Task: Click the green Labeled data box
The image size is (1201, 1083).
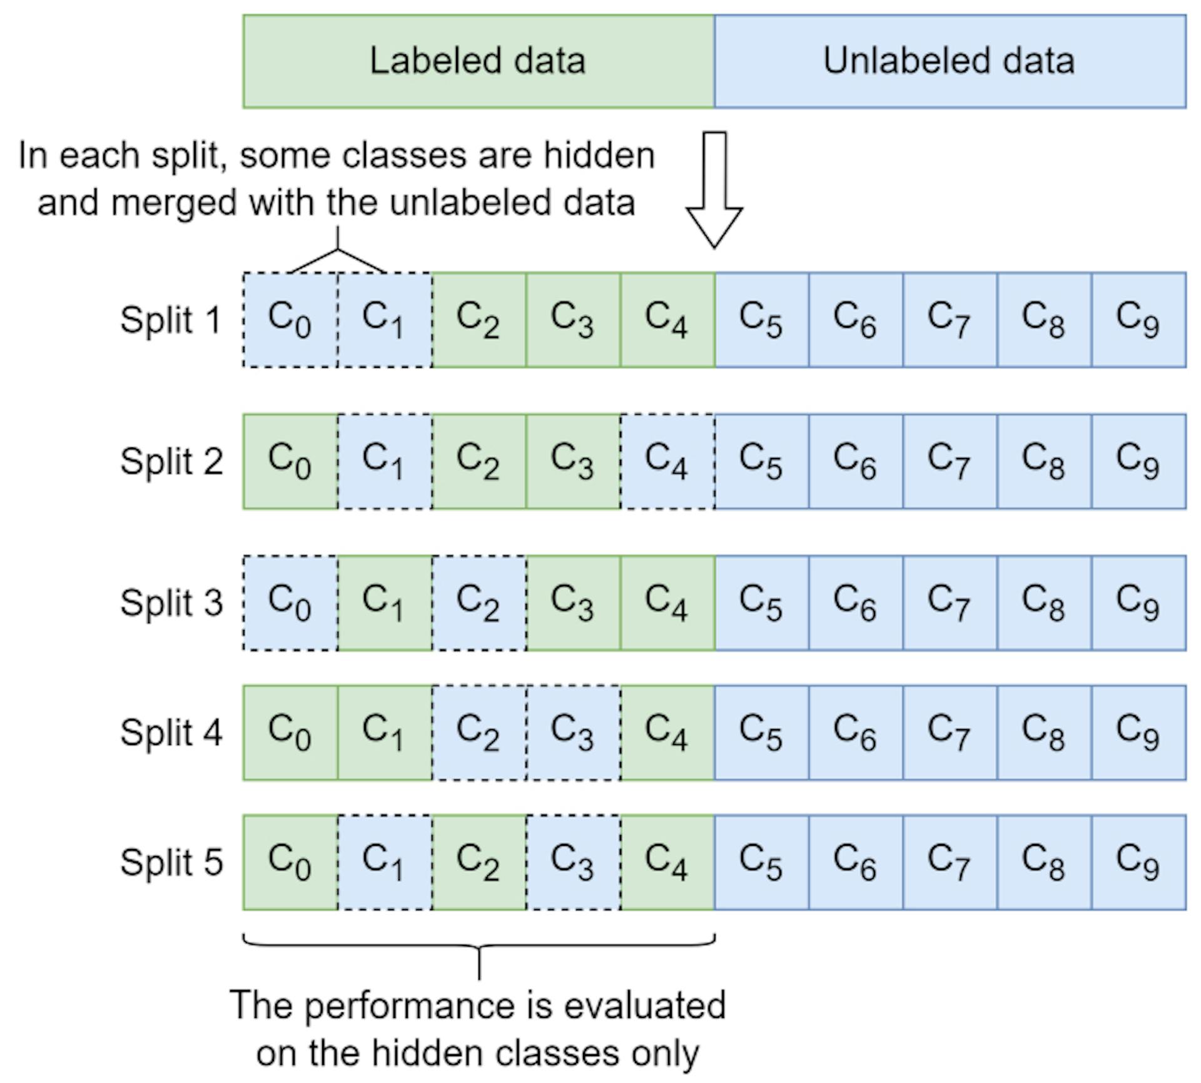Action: (x=478, y=61)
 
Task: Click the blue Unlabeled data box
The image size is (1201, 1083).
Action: (x=950, y=61)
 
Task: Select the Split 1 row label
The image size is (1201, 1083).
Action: (x=171, y=320)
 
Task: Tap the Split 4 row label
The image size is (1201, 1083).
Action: (x=171, y=733)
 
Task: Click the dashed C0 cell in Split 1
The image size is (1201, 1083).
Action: (x=290, y=320)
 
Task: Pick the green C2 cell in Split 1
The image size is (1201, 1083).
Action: (x=479, y=320)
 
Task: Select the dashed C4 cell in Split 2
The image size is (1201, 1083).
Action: (x=667, y=462)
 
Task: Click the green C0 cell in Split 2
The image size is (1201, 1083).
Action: (x=290, y=462)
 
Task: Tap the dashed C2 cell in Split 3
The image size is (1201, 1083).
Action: (x=479, y=603)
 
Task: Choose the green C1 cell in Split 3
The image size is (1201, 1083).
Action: (x=384, y=603)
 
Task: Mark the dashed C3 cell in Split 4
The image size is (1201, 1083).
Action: (x=573, y=733)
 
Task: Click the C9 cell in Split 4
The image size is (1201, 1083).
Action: (x=1138, y=733)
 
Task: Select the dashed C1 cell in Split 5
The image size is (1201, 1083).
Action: (x=384, y=862)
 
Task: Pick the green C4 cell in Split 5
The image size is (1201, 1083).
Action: (x=667, y=862)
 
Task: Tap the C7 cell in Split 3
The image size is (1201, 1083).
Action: (x=950, y=603)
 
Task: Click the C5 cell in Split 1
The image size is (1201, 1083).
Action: (x=761, y=320)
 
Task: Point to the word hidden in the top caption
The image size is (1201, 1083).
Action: (x=599, y=155)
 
